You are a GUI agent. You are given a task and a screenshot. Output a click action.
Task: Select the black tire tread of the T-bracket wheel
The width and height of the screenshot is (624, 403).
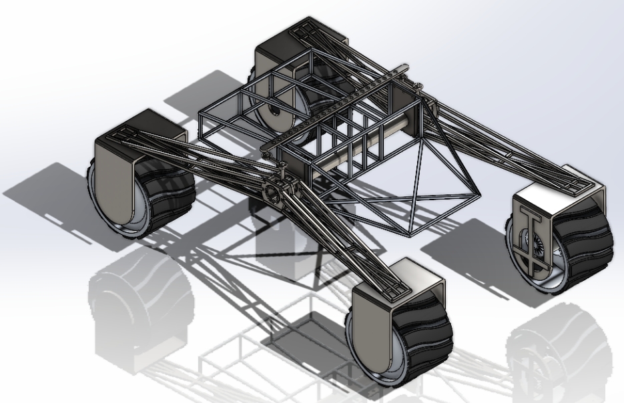[x=587, y=240]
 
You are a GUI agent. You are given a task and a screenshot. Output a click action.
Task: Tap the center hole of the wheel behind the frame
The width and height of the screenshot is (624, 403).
[x=273, y=113]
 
